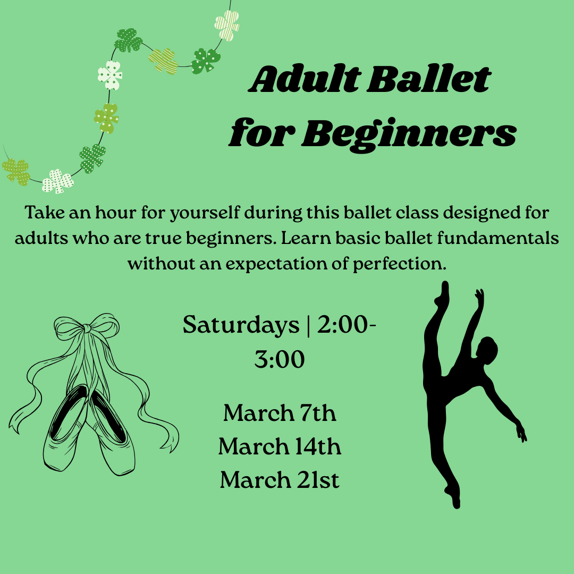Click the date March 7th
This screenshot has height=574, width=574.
[x=280, y=413]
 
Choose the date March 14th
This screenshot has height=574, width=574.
[x=280, y=447]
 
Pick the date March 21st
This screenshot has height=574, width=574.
[x=280, y=480]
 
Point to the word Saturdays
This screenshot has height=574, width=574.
[x=241, y=325]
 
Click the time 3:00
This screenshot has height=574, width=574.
[x=280, y=360]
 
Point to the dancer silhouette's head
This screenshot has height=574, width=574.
[x=487, y=348]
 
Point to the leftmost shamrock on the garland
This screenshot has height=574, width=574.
[x=16, y=171]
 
